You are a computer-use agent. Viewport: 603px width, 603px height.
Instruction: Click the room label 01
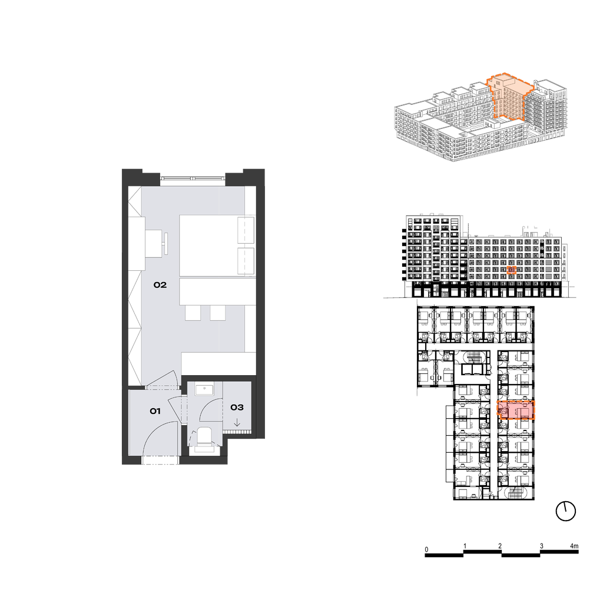[x=155, y=411]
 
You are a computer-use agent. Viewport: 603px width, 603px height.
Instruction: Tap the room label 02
[x=160, y=285]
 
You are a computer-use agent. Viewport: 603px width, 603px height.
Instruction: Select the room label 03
[x=237, y=407]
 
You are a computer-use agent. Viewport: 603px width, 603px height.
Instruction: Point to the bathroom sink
[x=204, y=389]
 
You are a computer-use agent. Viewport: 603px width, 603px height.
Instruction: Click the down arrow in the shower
[x=237, y=423]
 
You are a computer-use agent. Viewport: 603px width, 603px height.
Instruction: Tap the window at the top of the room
[x=193, y=178]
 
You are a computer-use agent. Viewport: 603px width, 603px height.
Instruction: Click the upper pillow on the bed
[x=246, y=230]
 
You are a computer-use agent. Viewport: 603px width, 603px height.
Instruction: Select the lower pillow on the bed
[x=246, y=261]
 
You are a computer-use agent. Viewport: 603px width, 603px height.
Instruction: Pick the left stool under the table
[x=193, y=313]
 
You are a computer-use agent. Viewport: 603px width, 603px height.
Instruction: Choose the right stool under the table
[x=218, y=313]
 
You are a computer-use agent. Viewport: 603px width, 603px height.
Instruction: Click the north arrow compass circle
[x=566, y=512]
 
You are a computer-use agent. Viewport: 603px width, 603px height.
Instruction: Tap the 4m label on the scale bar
[x=574, y=546]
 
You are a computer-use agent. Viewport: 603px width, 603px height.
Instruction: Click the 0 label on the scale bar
[x=426, y=549]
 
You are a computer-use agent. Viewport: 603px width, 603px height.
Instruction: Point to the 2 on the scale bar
[x=500, y=546]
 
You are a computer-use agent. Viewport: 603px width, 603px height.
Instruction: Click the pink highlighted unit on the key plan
[x=516, y=410]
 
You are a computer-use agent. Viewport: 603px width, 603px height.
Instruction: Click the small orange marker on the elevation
[x=511, y=270]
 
